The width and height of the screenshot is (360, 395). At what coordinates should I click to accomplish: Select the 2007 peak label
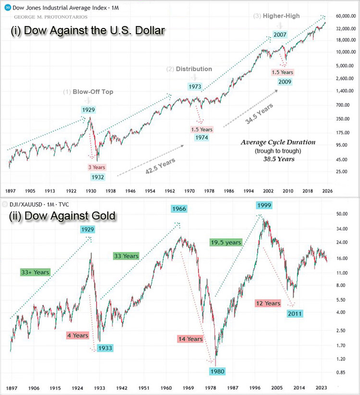pos(280,35)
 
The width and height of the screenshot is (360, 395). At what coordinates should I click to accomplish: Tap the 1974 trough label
pos(202,138)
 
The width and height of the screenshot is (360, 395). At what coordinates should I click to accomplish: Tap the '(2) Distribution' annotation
pos(189,69)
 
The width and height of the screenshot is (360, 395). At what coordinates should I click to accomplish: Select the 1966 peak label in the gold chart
pos(177,209)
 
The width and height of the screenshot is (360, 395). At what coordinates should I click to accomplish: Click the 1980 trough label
pos(217,371)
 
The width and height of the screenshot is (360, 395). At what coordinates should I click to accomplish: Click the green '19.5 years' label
pos(225,243)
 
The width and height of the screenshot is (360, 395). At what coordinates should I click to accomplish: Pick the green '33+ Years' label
pos(36,272)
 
